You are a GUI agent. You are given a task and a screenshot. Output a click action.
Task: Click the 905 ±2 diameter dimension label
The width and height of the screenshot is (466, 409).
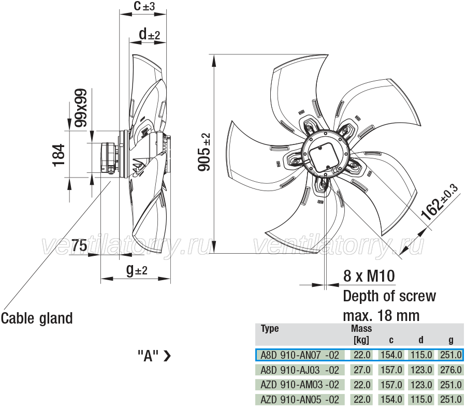[204, 152]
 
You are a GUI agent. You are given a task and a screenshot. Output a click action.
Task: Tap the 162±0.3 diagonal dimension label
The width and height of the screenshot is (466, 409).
[440, 202]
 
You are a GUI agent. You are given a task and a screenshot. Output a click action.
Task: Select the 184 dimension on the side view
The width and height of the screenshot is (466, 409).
[59, 155]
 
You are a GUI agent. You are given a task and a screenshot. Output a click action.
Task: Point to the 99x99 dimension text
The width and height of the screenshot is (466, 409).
[81, 108]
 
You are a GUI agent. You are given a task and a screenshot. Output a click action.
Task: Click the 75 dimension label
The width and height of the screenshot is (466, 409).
[79, 246]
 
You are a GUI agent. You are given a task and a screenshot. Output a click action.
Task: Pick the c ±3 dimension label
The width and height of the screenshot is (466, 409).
[144, 6]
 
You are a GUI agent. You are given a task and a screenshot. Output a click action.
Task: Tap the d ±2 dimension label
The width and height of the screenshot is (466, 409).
[150, 34]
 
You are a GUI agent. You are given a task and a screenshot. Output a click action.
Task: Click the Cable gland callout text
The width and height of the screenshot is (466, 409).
[37, 318]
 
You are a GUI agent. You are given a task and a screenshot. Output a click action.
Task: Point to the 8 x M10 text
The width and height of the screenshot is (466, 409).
[369, 276]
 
